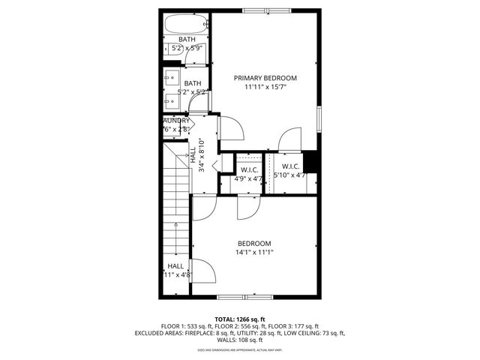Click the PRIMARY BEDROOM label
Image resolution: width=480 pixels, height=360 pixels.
click(x=265, y=78)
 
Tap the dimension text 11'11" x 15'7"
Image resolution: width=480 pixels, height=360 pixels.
click(x=265, y=87)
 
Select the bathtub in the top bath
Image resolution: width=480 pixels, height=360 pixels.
click(x=186, y=23)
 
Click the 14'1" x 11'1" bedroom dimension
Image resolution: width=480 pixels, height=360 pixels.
click(x=254, y=253)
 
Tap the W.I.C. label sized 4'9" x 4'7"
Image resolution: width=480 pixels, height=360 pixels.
click(x=250, y=170)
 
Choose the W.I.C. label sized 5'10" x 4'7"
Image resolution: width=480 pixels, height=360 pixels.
click(x=291, y=166)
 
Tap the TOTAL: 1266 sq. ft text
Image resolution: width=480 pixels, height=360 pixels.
click(x=239, y=319)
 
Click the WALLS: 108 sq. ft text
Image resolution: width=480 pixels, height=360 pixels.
click(x=240, y=340)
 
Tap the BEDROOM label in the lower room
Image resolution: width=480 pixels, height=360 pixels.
click(x=254, y=243)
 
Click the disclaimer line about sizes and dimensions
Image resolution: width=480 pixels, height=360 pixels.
click(x=240, y=349)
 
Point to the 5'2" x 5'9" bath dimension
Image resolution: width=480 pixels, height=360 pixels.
click(x=187, y=48)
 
